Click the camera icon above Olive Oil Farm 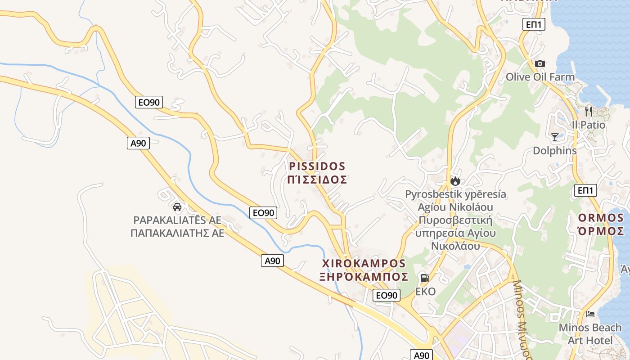540,64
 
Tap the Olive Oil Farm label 540,77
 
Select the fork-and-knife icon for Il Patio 589,111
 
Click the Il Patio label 589,125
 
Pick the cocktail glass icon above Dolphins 554,137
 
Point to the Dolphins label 554,151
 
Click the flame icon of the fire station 455,181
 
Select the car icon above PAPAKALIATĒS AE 177,207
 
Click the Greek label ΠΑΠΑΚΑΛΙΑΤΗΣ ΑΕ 177,233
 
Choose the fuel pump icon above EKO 425,278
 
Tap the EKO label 425,292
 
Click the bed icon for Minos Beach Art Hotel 590,314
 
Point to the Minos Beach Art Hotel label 590,334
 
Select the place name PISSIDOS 317,166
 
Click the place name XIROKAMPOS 364,263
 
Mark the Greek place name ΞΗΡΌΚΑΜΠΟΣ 364,276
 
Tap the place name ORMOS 601,218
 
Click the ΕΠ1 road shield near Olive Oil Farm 534,24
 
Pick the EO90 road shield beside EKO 387,295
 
